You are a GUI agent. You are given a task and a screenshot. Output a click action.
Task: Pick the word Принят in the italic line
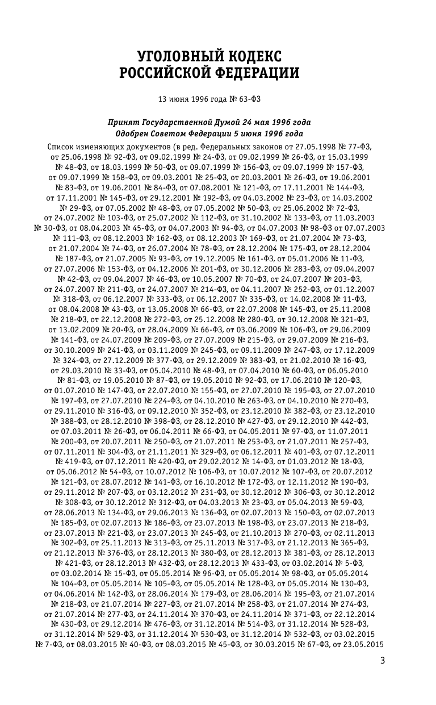[124, 123]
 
